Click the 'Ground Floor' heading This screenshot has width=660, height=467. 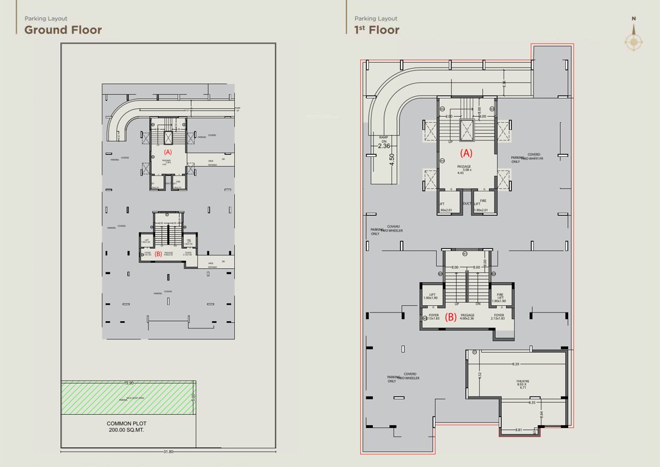point(63,30)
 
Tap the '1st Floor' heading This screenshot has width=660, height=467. point(377,30)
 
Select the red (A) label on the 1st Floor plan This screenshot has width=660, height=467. point(465,153)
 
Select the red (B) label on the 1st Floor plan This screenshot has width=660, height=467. point(451,316)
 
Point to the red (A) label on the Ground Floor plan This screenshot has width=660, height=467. point(168,151)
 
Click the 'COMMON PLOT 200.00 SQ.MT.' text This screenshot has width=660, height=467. point(127,426)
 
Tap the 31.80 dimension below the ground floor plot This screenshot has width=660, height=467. point(168,452)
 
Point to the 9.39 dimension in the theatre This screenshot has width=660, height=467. point(516,364)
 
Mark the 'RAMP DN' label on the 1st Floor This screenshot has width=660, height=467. point(384,141)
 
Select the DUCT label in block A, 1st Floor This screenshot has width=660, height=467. point(467,204)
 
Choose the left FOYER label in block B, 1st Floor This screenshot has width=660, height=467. point(434,317)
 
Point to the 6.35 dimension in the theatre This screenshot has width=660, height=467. point(532,403)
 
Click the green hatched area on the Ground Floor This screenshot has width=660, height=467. point(128,398)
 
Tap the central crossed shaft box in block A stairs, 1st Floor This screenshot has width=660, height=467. point(466,130)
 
